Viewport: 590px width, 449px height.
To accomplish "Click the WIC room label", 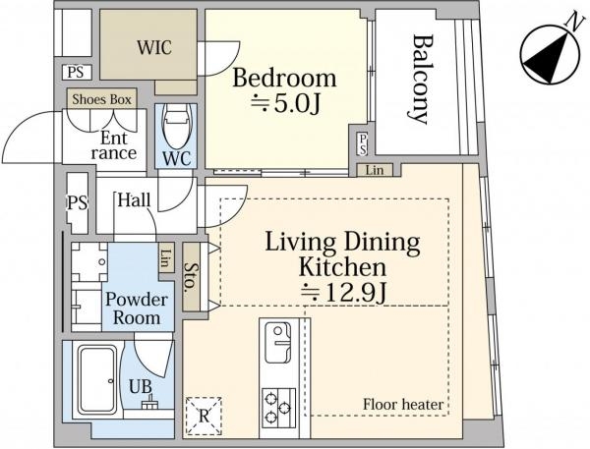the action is click(x=154, y=47).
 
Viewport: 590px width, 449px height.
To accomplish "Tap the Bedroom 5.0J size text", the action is click(x=285, y=103).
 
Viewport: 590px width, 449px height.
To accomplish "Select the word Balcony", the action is click(x=421, y=80).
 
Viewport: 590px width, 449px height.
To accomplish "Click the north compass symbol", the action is click(x=550, y=55).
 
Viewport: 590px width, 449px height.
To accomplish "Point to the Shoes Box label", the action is click(x=101, y=99).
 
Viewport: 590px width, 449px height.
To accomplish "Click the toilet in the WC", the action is click(x=176, y=127).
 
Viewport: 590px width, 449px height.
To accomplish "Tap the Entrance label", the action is click(x=114, y=145).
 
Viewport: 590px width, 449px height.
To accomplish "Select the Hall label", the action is click(x=134, y=200).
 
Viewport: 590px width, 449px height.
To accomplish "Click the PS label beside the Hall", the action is click(x=78, y=203).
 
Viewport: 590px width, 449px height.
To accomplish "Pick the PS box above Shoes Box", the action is click(x=77, y=72).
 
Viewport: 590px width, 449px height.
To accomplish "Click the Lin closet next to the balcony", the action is click(x=375, y=170).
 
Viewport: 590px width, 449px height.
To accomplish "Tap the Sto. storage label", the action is click(x=191, y=277).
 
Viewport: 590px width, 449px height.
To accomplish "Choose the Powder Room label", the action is click(x=137, y=309).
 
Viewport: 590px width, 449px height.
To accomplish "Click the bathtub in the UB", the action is click(x=97, y=379).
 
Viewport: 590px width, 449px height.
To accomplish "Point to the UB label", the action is click(x=141, y=386).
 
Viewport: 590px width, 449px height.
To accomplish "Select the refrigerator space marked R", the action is click(x=204, y=416).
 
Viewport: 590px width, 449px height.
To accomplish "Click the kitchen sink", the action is click(x=277, y=342).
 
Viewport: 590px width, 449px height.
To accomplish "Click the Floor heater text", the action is click(x=403, y=405).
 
